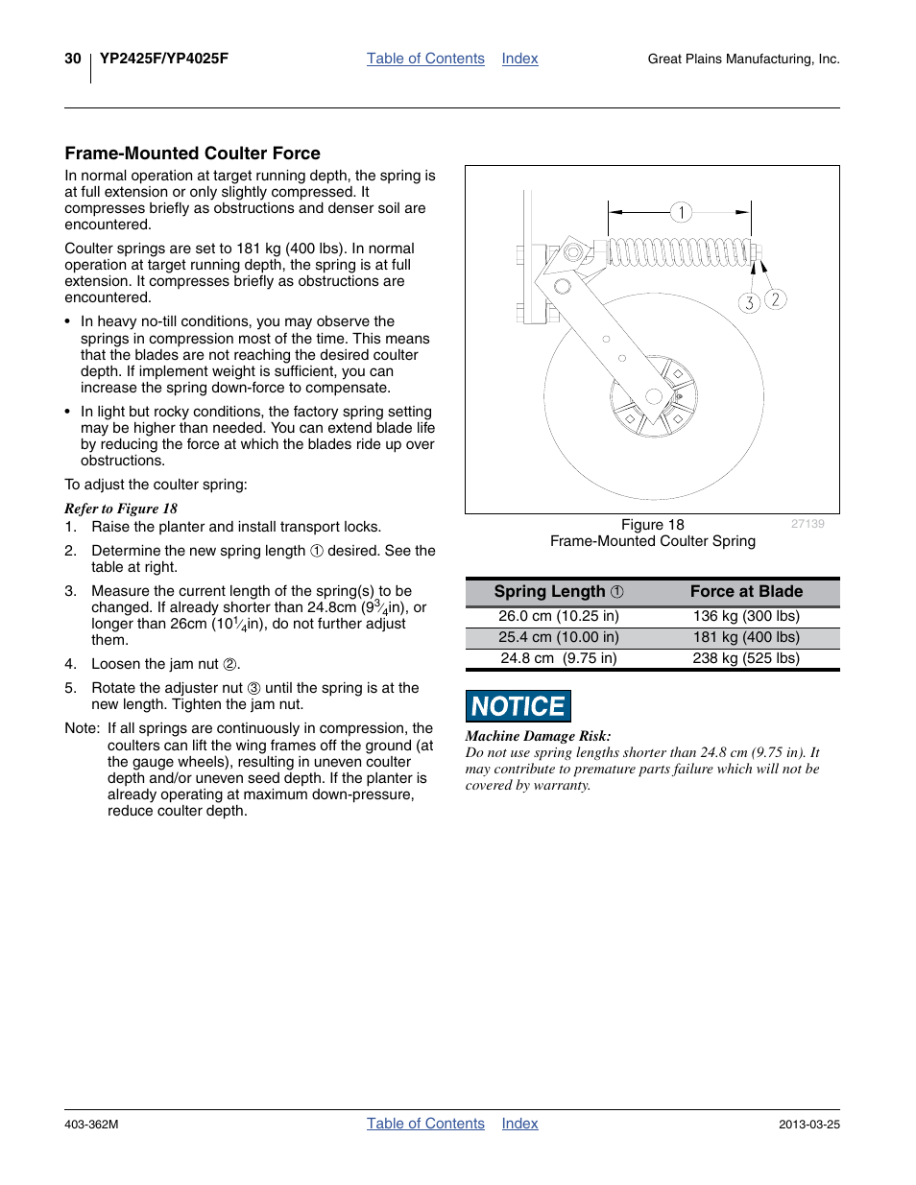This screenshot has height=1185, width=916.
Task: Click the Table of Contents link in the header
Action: point(425,59)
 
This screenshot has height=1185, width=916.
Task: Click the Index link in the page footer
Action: point(519,1124)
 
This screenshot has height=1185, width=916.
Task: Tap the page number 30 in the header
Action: point(73,59)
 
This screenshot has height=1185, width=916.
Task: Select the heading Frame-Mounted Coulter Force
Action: point(192,154)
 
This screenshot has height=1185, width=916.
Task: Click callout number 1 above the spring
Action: point(681,212)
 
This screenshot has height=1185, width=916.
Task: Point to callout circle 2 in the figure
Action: point(775,299)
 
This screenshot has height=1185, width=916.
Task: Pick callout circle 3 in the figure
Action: point(749,303)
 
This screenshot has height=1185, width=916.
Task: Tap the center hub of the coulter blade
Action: point(654,396)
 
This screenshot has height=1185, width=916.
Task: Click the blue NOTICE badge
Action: point(518,706)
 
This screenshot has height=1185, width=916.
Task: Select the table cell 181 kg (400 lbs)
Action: point(746,637)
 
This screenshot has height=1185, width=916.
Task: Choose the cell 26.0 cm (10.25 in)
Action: point(559,616)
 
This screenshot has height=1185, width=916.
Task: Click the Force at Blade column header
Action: point(746,592)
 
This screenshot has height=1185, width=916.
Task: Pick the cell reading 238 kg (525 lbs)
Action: point(746,658)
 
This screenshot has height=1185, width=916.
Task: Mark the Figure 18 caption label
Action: point(653,525)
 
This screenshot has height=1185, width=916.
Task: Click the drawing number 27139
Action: point(808,524)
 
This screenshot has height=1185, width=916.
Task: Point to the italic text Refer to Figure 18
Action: point(121,509)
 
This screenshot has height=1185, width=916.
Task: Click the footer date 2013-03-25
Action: point(808,1125)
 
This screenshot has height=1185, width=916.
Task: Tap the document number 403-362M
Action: point(91,1125)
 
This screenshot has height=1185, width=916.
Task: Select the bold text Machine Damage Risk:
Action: point(538,736)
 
